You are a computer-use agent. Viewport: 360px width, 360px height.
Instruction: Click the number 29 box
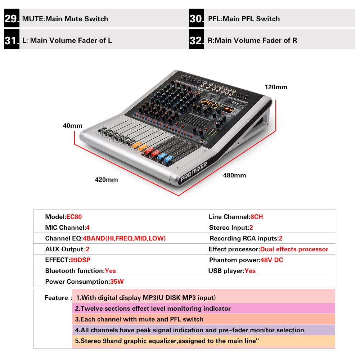point(12,19)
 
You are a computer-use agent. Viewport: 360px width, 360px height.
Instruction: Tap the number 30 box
point(197,19)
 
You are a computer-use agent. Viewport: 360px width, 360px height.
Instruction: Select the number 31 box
point(12,40)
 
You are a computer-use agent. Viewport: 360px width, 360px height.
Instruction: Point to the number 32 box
point(197,40)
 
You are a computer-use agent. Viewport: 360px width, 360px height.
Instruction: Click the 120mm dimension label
point(276,87)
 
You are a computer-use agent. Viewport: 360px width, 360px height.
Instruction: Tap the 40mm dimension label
point(72,126)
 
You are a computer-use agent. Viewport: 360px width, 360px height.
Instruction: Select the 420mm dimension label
point(106,179)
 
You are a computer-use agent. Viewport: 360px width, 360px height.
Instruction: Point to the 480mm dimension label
point(235,175)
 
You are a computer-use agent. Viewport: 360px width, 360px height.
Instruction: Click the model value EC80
point(74,217)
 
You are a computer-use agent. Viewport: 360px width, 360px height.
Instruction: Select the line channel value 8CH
point(257,217)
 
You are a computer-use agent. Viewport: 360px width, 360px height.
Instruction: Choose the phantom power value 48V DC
point(272,260)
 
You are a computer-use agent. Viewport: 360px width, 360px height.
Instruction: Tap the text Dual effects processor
point(294,249)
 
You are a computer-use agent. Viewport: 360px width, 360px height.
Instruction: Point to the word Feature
point(56,298)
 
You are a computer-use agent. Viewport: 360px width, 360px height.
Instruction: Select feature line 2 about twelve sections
point(153,309)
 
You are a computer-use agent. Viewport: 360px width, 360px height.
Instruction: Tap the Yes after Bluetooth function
point(110,271)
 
